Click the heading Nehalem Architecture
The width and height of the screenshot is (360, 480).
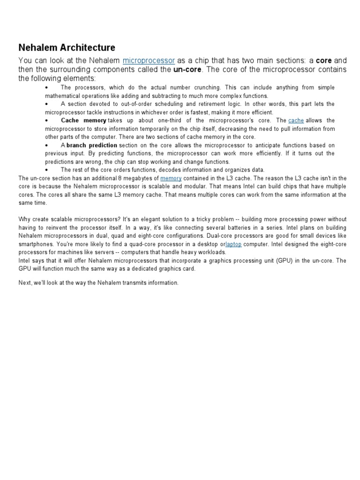pos(67,48)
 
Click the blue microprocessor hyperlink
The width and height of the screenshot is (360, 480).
pos(149,60)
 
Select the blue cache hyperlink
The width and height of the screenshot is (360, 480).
pos(296,120)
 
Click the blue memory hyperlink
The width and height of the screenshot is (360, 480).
pos(170,178)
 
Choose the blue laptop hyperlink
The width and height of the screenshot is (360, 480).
pos(233,244)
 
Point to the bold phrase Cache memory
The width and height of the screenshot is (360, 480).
pos(83,120)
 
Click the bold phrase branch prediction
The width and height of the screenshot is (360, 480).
pos(92,145)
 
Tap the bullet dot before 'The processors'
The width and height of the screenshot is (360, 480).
pos(47,88)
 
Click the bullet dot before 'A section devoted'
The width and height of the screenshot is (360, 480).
pos(47,104)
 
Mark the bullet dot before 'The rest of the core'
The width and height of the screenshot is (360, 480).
pos(47,170)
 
